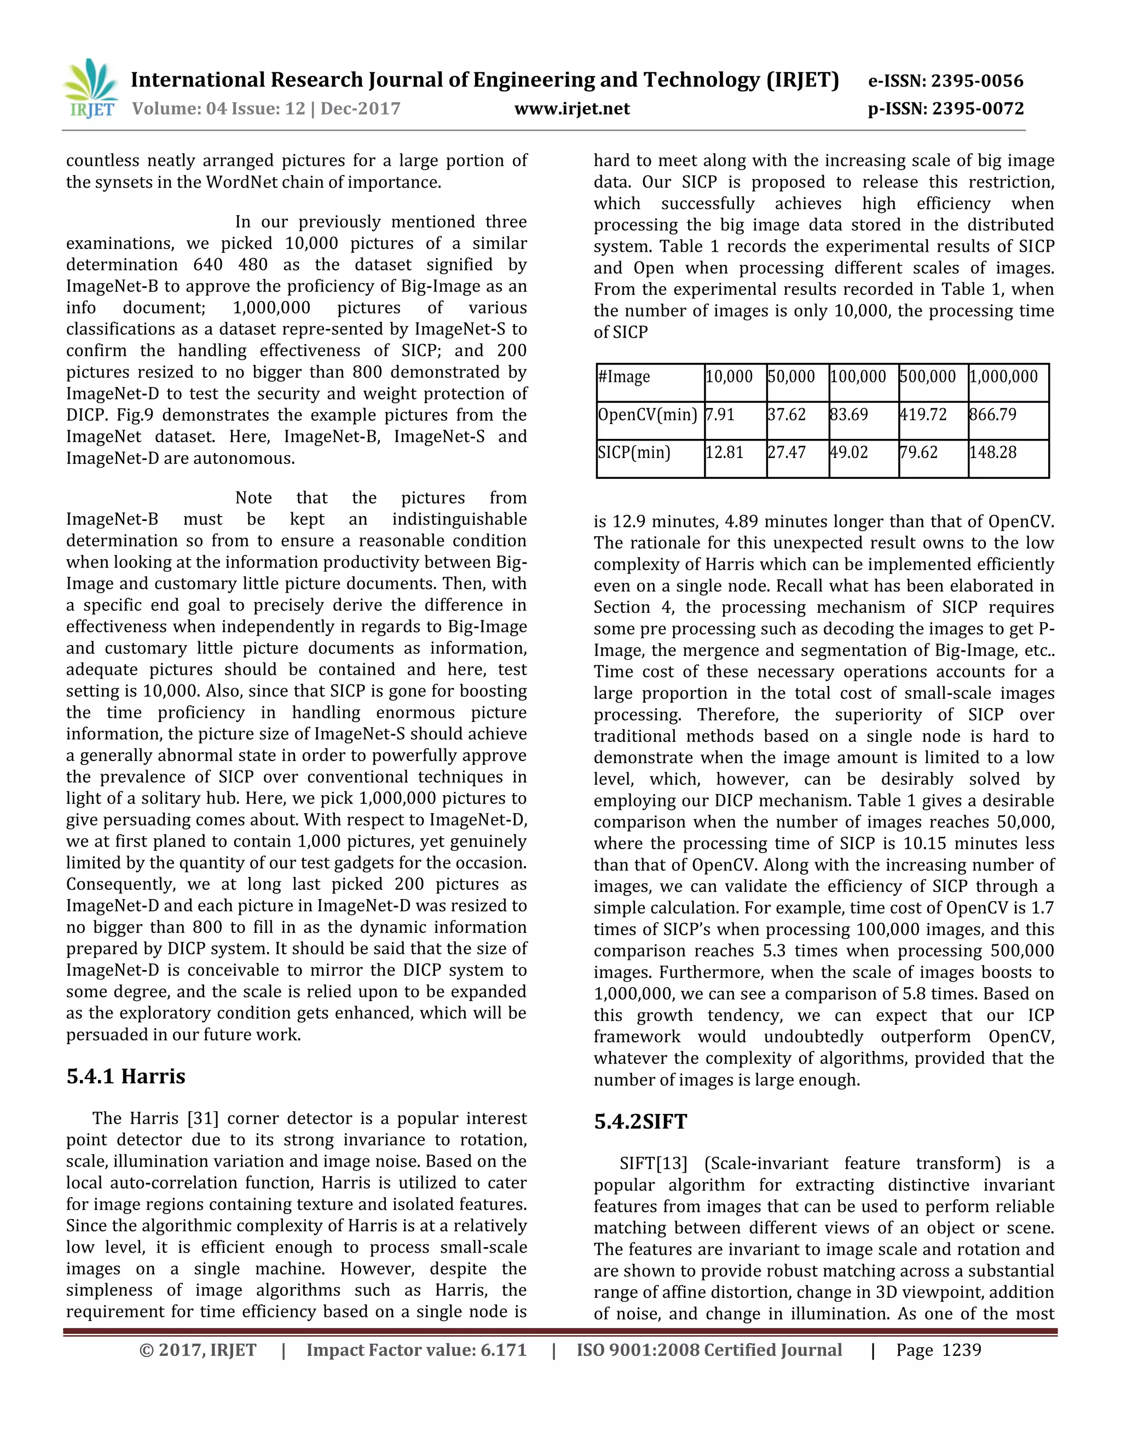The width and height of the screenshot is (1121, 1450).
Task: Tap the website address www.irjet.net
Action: click(x=572, y=108)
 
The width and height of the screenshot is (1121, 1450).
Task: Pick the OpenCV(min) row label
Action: click(x=647, y=415)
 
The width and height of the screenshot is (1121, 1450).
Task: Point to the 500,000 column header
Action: click(x=927, y=377)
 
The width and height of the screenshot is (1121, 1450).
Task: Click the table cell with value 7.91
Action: click(x=720, y=415)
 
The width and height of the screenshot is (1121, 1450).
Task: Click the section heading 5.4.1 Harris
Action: click(x=125, y=1076)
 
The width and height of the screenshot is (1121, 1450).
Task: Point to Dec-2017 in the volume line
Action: click(x=361, y=108)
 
